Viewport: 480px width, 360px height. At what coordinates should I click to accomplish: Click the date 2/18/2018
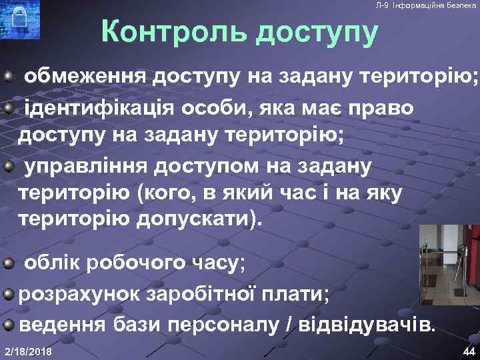pos(29,351)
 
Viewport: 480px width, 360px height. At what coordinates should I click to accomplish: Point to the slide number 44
pos(467,351)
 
